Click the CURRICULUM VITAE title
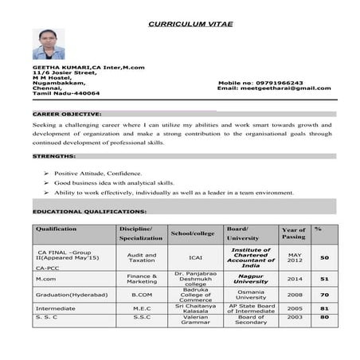[x=190, y=24]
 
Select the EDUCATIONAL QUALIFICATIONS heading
[x=88, y=211]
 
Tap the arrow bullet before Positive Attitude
[x=47, y=173]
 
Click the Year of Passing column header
[x=293, y=233]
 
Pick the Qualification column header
[x=55, y=229]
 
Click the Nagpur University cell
[x=251, y=279]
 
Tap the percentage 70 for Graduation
[x=324, y=294]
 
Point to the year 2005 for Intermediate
[x=295, y=307]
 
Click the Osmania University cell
[x=251, y=294]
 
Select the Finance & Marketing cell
[x=142, y=279]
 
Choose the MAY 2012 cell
[x=295, y=257]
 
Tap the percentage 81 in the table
[x=324, y=307]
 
